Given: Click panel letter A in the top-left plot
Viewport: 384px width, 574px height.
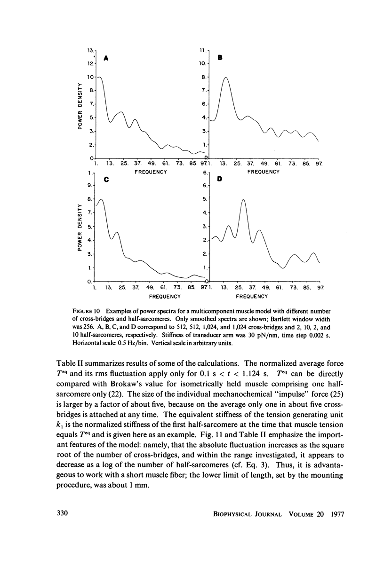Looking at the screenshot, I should point(106,59).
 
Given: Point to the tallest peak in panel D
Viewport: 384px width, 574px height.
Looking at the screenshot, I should point(243,200).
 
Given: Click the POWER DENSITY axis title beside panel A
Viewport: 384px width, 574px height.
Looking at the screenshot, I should point(81,106).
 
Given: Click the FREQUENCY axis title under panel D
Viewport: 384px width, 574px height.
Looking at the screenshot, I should point(252,297).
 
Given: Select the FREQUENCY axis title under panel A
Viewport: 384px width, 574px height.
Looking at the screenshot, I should point(151,172).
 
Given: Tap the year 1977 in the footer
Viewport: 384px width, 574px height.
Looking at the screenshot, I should point(336,514).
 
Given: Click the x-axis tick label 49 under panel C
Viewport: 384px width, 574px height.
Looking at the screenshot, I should point(151,287).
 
